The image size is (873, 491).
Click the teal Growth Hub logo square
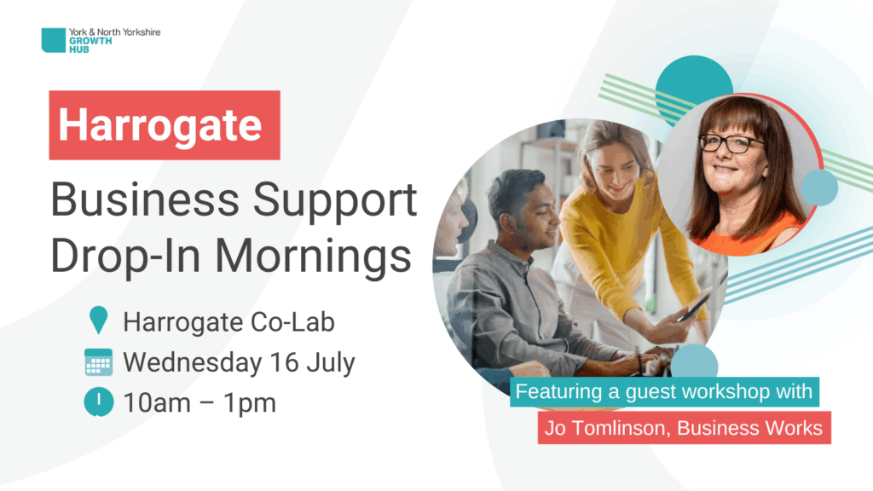pos(54,40)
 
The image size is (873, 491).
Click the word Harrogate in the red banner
pos(160,125)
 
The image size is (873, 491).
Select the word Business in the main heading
pos(145,199)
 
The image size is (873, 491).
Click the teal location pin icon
pos(99,321)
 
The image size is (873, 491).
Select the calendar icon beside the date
pos(99,362)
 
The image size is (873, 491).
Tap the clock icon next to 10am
pos(99,402)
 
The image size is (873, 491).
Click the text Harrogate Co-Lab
pos(228,322)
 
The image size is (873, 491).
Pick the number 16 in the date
pos(285,362)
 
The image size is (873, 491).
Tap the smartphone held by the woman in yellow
pos(694,306)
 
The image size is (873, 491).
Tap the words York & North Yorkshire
pos(115,32)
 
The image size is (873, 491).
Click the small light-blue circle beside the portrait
pos(819,188)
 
